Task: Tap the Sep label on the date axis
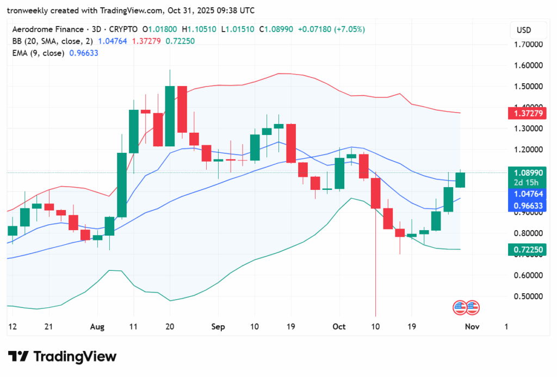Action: coord(218,327)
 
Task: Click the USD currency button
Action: coord(523,30)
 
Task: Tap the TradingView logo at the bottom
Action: coord(62,357)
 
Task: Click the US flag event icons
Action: coord(466,307)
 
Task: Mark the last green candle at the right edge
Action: coord(460,180)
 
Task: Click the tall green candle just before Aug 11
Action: coord(121,185)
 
